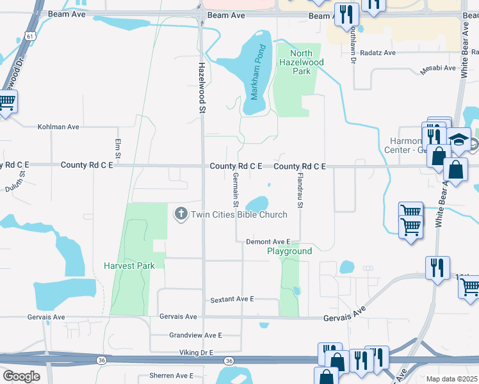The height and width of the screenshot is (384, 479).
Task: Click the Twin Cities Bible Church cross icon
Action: coord(181,214)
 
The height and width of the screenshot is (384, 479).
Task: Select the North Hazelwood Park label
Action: coord(300,62)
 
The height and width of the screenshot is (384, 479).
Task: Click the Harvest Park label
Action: coord(129,266)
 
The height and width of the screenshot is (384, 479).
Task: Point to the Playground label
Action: coord(289,252)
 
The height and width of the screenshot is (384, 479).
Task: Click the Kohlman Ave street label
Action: coord(58,127)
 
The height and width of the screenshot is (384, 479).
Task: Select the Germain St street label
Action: coord(236,189)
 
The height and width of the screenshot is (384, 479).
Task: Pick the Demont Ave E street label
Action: coord(268,242)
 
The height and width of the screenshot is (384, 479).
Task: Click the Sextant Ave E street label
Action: coord(232,300)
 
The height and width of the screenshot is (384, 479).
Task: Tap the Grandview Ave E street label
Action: coord(195,335)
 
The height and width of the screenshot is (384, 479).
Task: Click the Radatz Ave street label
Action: coord(378,53)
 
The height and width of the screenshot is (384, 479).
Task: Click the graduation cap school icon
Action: coord(459,140)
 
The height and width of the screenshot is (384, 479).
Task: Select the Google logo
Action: coord(21,376)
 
